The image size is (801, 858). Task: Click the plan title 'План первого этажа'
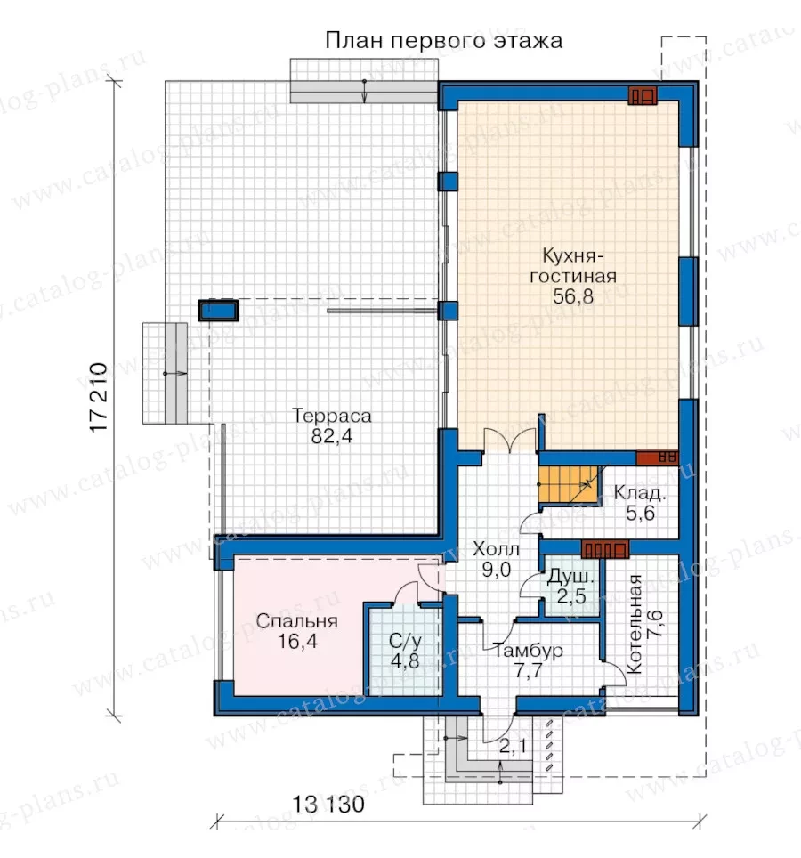pos(444,41)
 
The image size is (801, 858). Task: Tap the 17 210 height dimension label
pos(99,398)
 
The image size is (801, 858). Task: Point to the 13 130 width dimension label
pos(328,805)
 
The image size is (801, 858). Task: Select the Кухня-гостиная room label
pos(573,266)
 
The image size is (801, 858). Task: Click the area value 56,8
pos(573,296)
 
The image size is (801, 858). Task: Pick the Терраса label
pos(332,416)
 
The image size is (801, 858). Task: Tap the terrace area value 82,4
pos(332,436)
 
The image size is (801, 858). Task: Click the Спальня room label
pos(297,621)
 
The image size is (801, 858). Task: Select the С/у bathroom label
pos(406,641)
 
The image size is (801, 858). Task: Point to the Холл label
pos(497,548)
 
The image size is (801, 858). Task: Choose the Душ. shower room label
pos(570,576)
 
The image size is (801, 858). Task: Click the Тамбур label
pos(528,651)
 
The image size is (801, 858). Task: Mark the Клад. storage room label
pos(640,493)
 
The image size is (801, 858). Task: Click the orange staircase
pos(570,485)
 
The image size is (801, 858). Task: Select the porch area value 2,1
pos(513,746)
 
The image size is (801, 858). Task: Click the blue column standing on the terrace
pos(218,311)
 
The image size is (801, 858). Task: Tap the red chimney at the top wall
pos(643,96)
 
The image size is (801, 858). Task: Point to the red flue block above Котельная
pos(604,549)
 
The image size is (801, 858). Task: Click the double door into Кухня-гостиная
pos(509,441)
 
